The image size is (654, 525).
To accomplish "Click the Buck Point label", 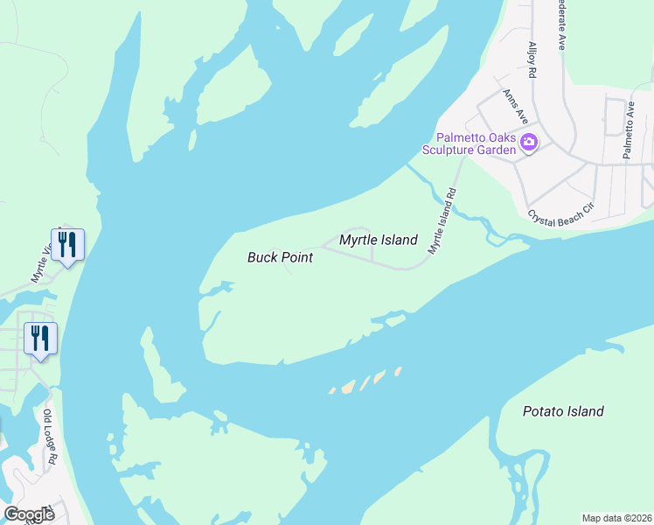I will (279, 257).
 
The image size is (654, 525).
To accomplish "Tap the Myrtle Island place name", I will (378, 240).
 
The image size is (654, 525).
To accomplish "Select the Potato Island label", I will (563, 411).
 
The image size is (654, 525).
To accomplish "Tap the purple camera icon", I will (528, 142).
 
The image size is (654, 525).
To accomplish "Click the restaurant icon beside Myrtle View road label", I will (68, 244).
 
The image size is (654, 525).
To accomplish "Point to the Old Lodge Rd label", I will (51, 437).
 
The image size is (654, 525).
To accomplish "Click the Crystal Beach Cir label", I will (560, 208).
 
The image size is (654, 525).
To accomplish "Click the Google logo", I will (29, 514).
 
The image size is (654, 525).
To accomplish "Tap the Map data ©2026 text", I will (616, 518).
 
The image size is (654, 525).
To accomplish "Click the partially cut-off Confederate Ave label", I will (560, 24).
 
